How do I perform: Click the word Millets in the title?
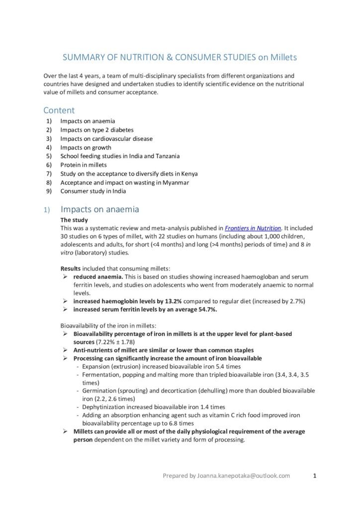click(x=283, y=58)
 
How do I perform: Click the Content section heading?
click(x=59, y=110)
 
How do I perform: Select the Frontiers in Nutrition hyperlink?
click(x=253, y=228)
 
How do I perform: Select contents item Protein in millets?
click(x=84, y=165)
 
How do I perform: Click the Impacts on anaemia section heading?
click(x=99, y=209)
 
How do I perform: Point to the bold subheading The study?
click(x=75, y=220)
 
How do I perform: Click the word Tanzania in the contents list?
click(x=167, y=156)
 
